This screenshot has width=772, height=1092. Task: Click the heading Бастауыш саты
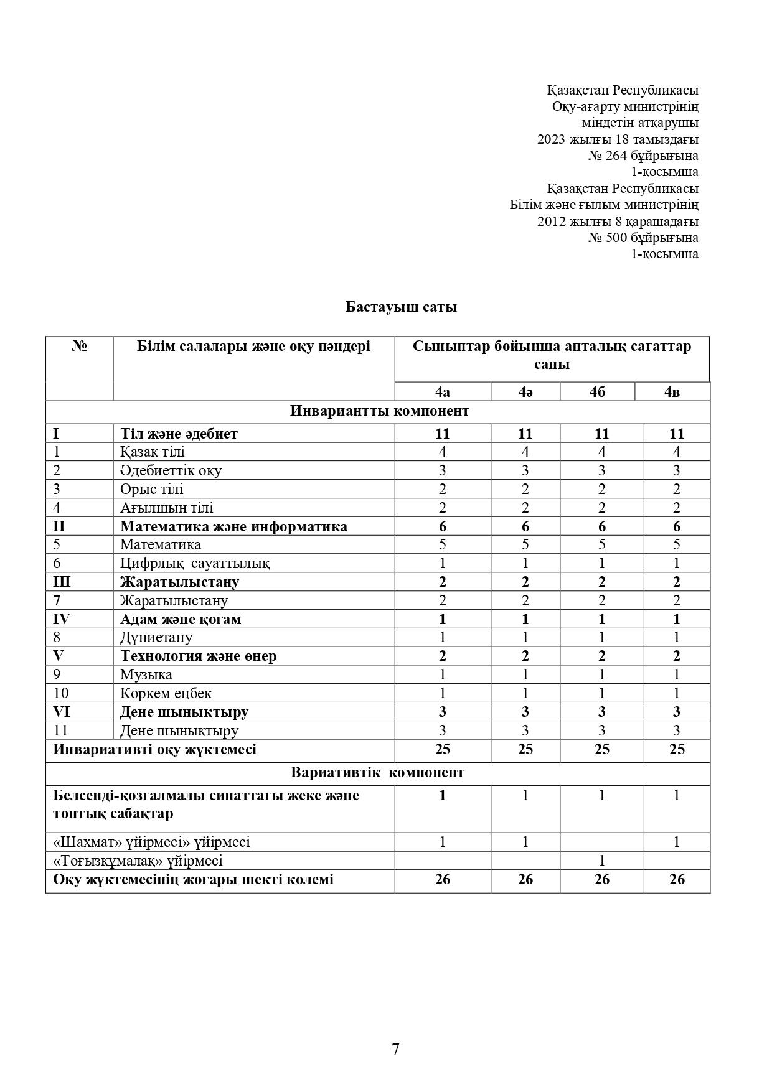click(x=401, y=307)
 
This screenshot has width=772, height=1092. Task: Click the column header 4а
click(x=442, y=392)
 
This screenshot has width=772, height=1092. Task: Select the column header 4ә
click(x=525, y=392)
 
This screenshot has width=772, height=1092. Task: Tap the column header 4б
click(x=597, y=392)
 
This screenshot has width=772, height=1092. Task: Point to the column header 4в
click(x=672, y=392)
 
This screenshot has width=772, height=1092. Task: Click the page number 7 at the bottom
click(x=395, y=1050)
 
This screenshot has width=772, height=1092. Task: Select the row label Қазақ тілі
click(x=153, y=452)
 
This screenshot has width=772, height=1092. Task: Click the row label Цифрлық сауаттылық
click(x=194, y=563)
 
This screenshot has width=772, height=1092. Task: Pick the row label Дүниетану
click(x=156, y=637)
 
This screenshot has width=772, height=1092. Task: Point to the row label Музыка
click(x=146, y=674)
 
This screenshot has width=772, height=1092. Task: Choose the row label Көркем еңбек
click(x=166, y=693)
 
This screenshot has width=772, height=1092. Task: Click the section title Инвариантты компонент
click(x=379, y=411)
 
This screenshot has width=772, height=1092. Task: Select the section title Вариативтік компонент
click(x=377, y=773)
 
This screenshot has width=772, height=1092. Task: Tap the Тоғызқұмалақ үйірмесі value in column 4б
click(x=601, y=861)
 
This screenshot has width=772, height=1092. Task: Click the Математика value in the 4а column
click(x=442, y=544)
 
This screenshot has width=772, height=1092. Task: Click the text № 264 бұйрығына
click(x=643, y=156)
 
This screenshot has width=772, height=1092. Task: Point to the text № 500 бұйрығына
click(x=643, y=237)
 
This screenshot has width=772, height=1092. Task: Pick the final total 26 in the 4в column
click(x=677, y=879)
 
